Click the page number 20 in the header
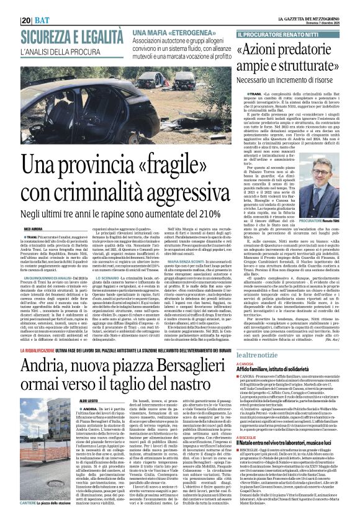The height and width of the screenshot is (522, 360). click(27, 20)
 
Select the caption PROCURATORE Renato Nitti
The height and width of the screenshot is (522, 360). click(317, 221)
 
